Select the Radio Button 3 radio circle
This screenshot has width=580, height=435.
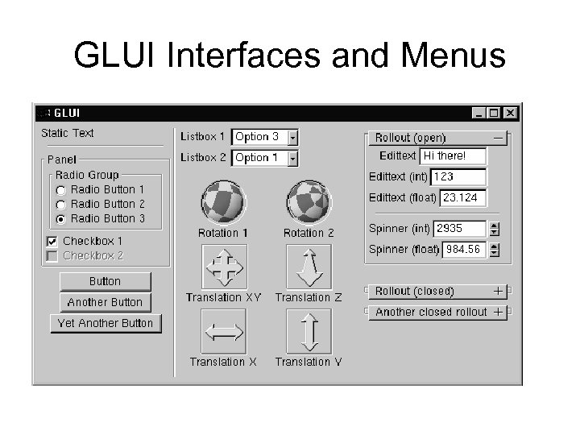[x=61, y=219]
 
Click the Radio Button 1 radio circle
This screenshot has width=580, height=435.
[x=61, y=190]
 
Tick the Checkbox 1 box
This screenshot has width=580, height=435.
[x=52, y=242]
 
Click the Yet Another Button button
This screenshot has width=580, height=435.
[x=106, y=323]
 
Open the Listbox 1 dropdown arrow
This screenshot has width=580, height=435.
[x=293, y=138]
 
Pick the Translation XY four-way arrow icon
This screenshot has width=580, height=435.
[x=224, y=267]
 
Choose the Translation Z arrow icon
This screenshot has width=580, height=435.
[x=309, y=267]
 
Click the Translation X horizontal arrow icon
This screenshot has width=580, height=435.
[x=224, y=331]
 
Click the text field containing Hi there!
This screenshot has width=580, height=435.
[x=454, y=155]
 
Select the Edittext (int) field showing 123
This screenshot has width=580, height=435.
[x=458, y=176]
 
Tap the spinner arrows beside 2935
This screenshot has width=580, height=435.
[x=494, y=229]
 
